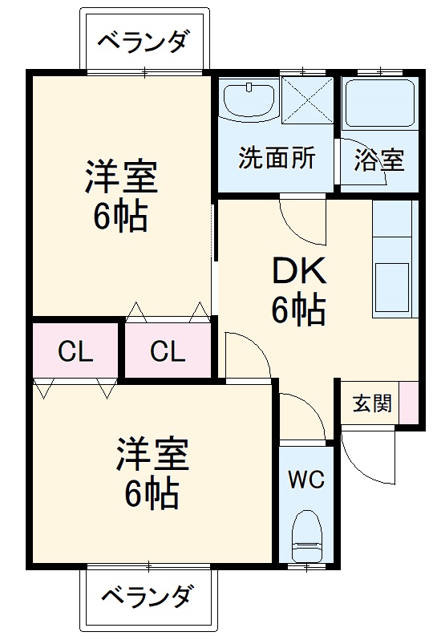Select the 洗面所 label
[x=277, y=158]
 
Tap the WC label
[x=306, y=480]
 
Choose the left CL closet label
[x=75, y=351]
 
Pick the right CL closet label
[x=168, y=351]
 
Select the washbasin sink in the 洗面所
[x=248, y=100]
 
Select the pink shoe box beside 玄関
[x=409, y=403]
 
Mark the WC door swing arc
[x=301, y=417]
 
